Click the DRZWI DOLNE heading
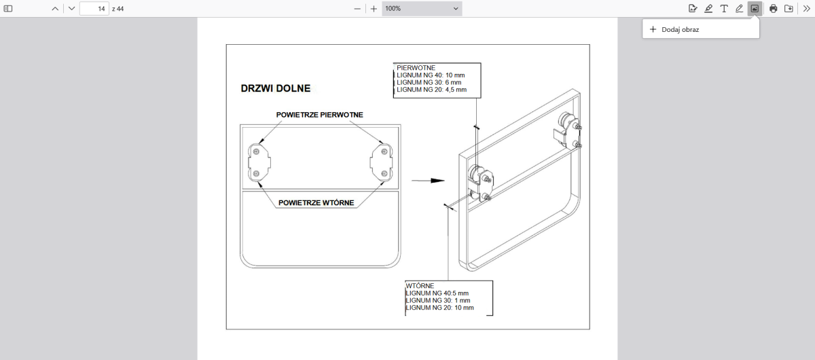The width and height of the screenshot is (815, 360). pyautogui.click(x=276, y=88)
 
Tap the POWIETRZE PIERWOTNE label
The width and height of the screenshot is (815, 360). pyautogui.click(x=319, y=115)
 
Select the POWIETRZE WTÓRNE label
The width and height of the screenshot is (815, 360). pyautogui.click(x=316, y=202)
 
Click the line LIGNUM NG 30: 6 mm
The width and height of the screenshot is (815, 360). pyautogui.click(x=429, y=82)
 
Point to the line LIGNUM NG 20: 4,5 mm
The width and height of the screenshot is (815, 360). pyautogui.click(x=431, y=90)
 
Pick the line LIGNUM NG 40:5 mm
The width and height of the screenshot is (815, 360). pyautogui.click(x=437, y=293)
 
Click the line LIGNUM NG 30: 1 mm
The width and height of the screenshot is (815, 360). pyautogui.click(x=437, y=300)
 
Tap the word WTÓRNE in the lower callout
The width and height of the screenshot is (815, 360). pyautogui.click(x=420, y=286)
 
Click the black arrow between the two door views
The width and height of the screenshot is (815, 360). pyautogui.click(x=429, y=181)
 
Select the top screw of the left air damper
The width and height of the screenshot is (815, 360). pyautogui.click(x=256, y=151)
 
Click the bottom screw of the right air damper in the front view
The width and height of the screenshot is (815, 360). pyautogui.click(x=384, y=173)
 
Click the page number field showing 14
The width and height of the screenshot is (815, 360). pyautogui.click(x=94, y=9)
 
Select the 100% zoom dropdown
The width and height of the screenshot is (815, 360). pyautogui.click(x=422, y=9)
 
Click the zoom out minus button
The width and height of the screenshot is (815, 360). pyautogui.click(x=357, y=9)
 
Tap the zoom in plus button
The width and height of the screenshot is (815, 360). pyautogui.click(x=374, y=9)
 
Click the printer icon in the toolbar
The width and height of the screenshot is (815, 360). pyautogui.click(x=773, y=9)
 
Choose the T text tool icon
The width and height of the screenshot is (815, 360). pyautogui.click(x=724, y=9)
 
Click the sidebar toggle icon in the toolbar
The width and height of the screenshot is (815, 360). pyautogui.click(x=8, y=9)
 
